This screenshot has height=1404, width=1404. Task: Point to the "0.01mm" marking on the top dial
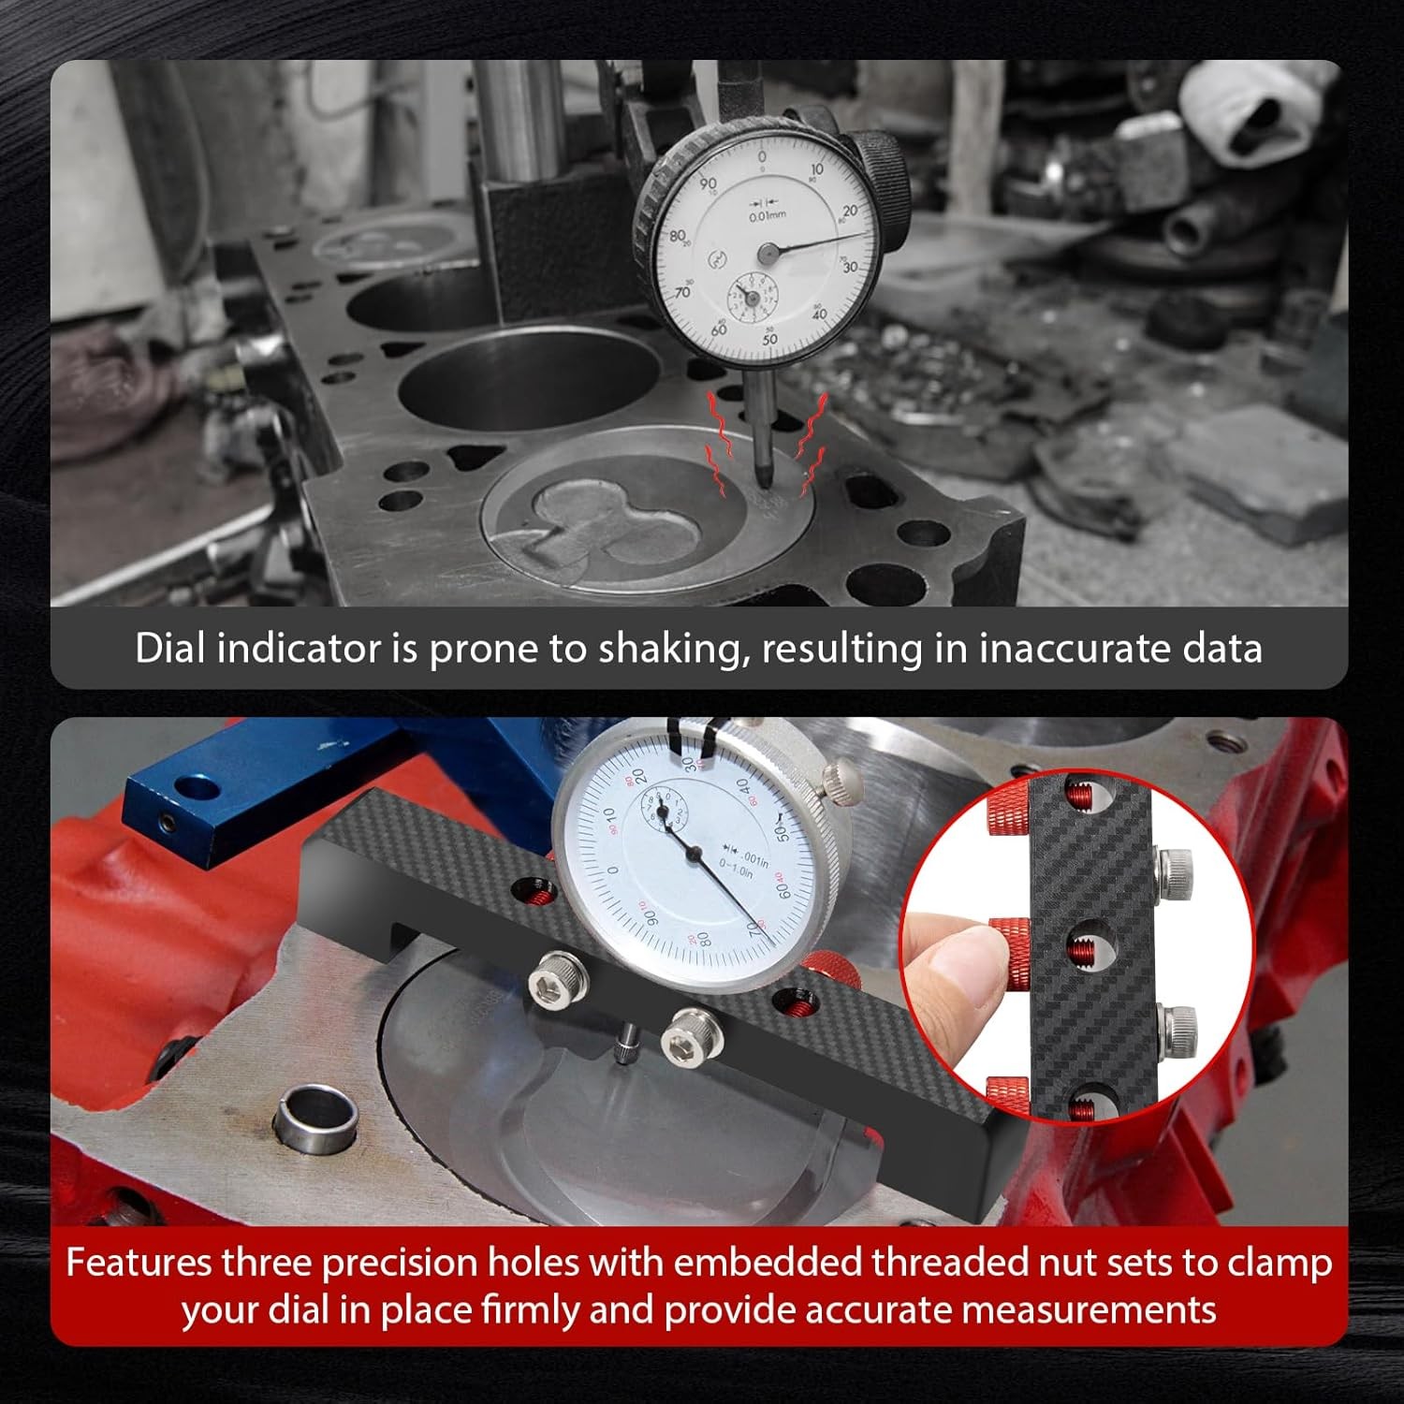[768, 215]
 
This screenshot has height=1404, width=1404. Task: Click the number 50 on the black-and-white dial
[770, 338]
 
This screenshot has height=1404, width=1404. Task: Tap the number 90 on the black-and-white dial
[708, 184]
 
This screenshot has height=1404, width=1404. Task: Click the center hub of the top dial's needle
[768, 252]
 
